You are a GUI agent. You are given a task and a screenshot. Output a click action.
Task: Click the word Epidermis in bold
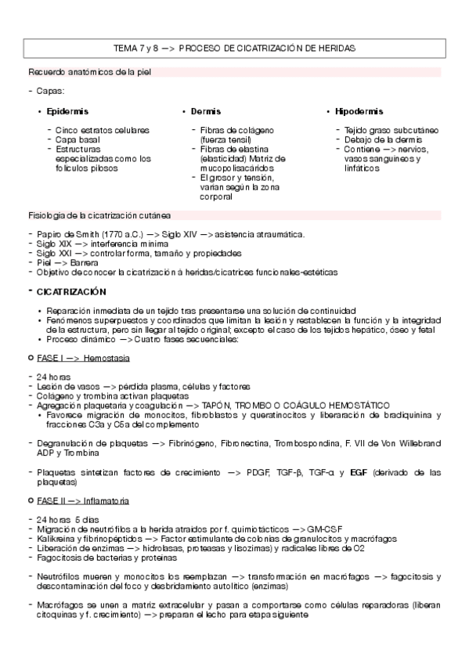67,112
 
